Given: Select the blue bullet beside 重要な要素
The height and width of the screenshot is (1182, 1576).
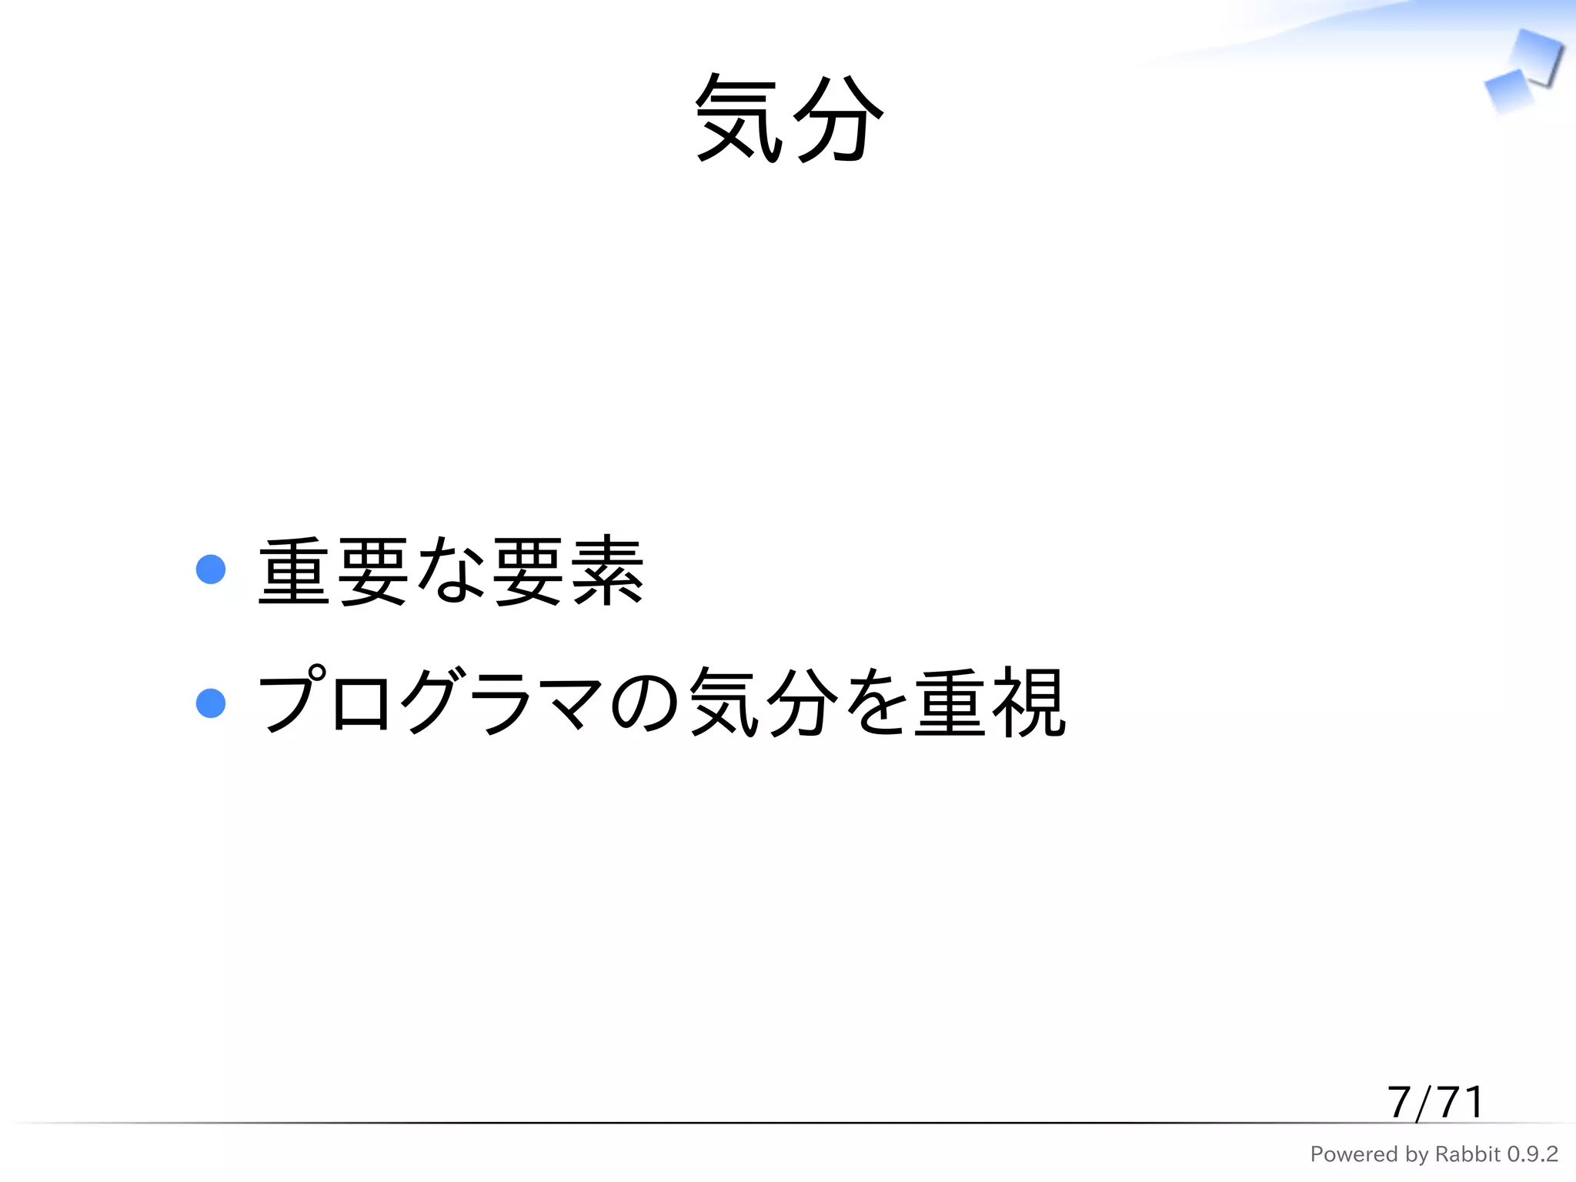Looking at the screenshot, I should click(211, 569).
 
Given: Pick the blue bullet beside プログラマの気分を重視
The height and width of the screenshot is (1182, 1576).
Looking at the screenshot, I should click(211, 703).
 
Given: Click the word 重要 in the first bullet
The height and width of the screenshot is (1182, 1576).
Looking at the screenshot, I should click(333, 571).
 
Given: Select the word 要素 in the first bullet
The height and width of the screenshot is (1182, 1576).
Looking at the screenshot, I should click(568, 571).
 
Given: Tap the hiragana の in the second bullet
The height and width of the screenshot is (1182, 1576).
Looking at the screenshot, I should click(645, 702).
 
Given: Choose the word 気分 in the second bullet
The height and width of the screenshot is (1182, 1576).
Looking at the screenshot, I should click(763, 702).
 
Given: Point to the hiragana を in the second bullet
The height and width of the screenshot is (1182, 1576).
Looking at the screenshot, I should click(875, 702).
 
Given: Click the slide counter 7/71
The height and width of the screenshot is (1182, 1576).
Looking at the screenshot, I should click(1435, 1102).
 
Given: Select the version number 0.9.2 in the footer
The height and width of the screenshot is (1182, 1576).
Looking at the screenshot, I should click(1532, 1154).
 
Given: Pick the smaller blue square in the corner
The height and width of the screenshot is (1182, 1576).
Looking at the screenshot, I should click(1508, 91).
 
